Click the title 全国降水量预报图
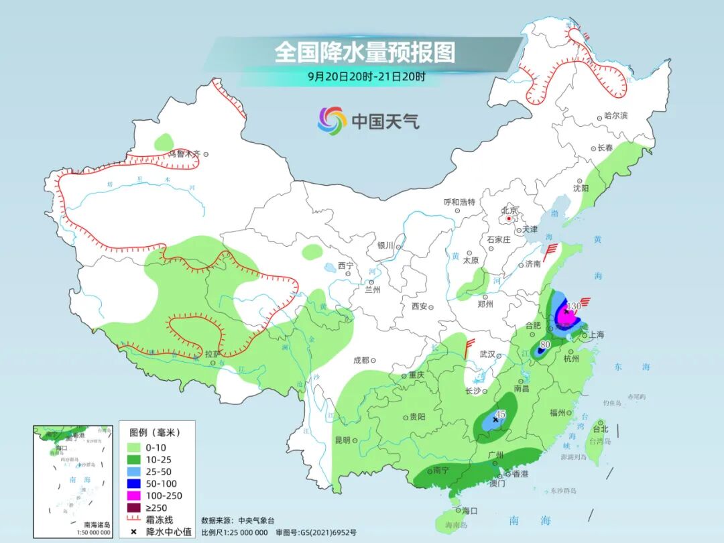pyautogui.click(x=365, y=52)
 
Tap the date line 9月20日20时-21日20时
pyautogui.click(x=366, y=76)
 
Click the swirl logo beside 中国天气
pyautogui.click(x=332, y=121)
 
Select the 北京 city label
pyautogui.click(x=509, y=209)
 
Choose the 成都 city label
pyautogui.click(x=360, y=360)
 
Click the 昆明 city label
pyautogui.click(x=342, y=440)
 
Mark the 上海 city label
pyautogui.click(x=595, y=335)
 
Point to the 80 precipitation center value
pyautogui.click(x=545, y=345)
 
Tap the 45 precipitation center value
pyautogui.click(x=500, y=414)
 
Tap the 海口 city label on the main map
pyautogui.click(x=470, y=511)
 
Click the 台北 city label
pyautogui.click(x=600, y=429)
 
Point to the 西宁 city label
pyautogui.click(x=345, y=265)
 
